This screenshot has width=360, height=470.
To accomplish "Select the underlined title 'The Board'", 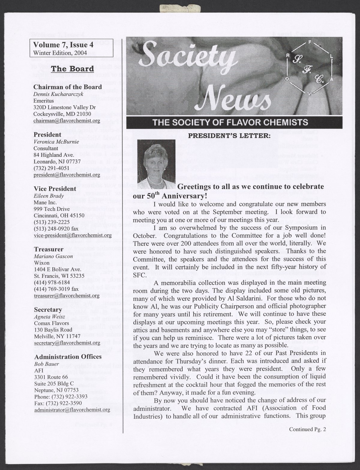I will coord(72,69).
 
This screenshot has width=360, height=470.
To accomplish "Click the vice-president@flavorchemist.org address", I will coord(73,235).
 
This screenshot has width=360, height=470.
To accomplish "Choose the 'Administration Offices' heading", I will coord(68,357).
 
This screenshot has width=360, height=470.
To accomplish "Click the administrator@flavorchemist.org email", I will coord(72,410).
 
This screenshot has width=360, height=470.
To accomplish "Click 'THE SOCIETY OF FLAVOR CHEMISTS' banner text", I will coord(230,123).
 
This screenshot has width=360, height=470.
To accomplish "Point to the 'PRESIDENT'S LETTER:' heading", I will coord(229,135).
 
